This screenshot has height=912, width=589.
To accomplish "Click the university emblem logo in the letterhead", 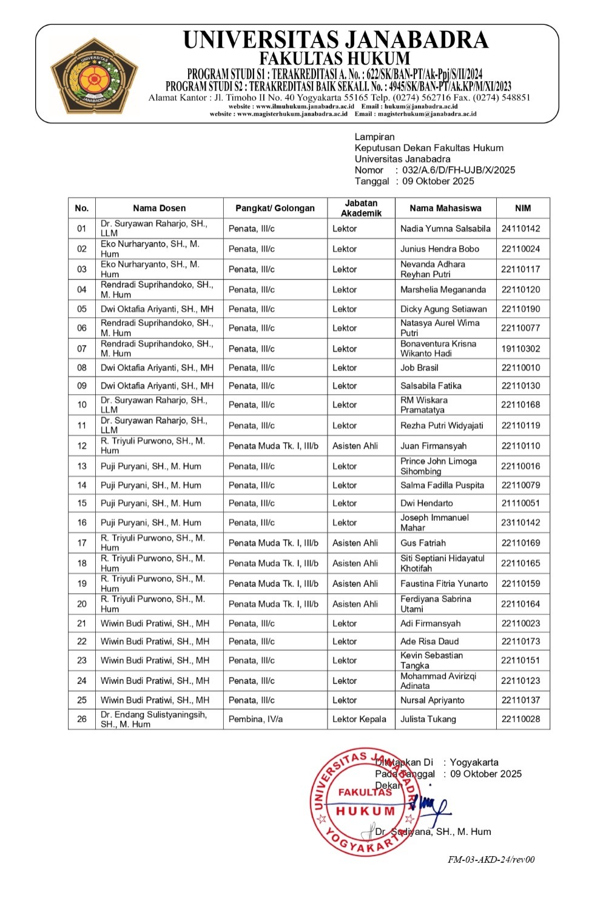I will click(94, 76).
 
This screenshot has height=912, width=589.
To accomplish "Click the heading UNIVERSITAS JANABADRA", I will click(335, 40).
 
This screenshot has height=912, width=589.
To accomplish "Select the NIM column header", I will click(522, 208).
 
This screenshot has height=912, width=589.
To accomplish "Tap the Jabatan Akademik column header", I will click(361, 208).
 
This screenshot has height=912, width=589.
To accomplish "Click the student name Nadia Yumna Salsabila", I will click(445, 229).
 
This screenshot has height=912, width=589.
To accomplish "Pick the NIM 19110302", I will click(520, 349).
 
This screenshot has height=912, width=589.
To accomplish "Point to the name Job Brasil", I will click(419, 367).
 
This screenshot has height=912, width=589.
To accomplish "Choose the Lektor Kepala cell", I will click(359, 719).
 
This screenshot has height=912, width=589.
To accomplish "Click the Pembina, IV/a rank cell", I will click(255, 719).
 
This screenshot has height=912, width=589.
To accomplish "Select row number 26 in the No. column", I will click(82, 719).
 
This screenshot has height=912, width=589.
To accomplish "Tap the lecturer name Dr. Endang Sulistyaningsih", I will click(153, 715).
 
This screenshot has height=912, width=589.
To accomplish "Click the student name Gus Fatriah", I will click(423, 543).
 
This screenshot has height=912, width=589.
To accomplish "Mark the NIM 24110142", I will click(520, 229).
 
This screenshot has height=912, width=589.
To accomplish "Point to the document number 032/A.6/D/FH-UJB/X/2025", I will click(459, 170).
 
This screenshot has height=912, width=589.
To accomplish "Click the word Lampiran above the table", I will click(374, 137).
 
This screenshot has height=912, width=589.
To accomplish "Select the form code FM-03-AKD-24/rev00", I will click(491, 859).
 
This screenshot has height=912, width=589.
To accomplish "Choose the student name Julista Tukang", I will click(428, 719).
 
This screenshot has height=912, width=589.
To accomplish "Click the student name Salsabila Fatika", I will click(431, 386).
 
